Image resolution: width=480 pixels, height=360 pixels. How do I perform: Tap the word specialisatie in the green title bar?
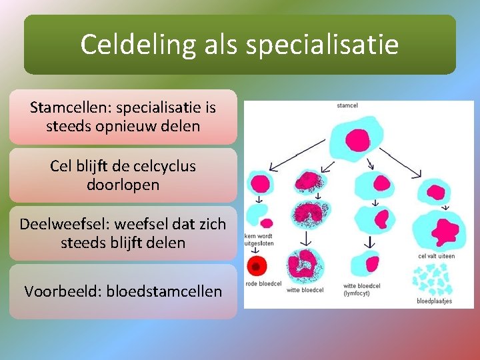coord(322,45)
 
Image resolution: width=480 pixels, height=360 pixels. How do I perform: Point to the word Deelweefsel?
coord(58,224)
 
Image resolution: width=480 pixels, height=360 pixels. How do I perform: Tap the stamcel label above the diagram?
coord(347,105)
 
